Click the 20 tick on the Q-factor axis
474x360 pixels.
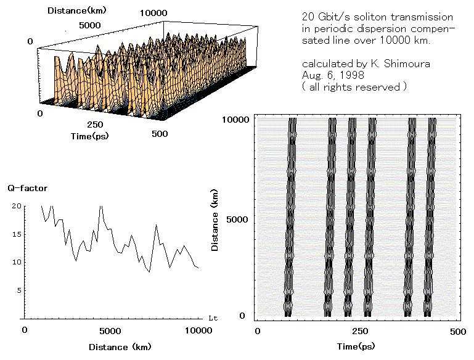click(15, 206)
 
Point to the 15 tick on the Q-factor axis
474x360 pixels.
click(15, 234)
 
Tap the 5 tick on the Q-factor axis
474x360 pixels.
click(18, 290)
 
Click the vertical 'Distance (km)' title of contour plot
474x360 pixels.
click(216, 218)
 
